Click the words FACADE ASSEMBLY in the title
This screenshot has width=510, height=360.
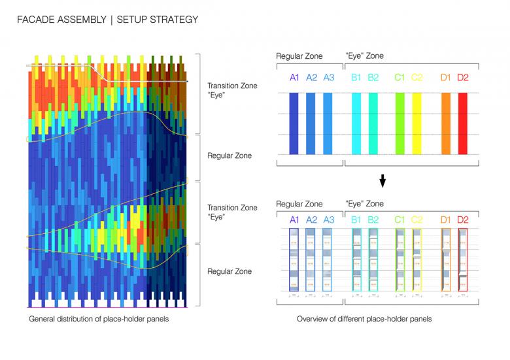[x=63, y=20]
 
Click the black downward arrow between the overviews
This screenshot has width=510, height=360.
[x=383, y=181]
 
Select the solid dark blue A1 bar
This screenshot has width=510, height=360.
[x=294, y=123]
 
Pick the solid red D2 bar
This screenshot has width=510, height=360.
[x=463, y=123]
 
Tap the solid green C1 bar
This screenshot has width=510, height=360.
[x=399, y=123]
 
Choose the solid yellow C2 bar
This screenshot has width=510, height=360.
[x=416, y=123]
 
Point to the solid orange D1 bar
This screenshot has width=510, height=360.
[x=446, y=123]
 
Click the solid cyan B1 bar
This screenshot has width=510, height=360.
[x=356, y=123]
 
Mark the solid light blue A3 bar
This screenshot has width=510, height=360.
[x=328, y=123]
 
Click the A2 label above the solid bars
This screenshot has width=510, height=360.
[x=311, y=78]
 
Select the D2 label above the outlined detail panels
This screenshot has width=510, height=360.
[x=463, y=220]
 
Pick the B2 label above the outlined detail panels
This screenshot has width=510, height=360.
[x=373, y=220]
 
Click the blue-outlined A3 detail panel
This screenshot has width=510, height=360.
[x=328, y=259]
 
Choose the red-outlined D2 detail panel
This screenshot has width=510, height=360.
[x=463, y=259]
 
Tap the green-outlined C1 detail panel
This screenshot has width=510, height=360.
[x=399, y=259]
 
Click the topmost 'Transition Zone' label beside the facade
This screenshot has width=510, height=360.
[x=232, y=86]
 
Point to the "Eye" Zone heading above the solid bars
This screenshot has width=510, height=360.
[x=365, y=57]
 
